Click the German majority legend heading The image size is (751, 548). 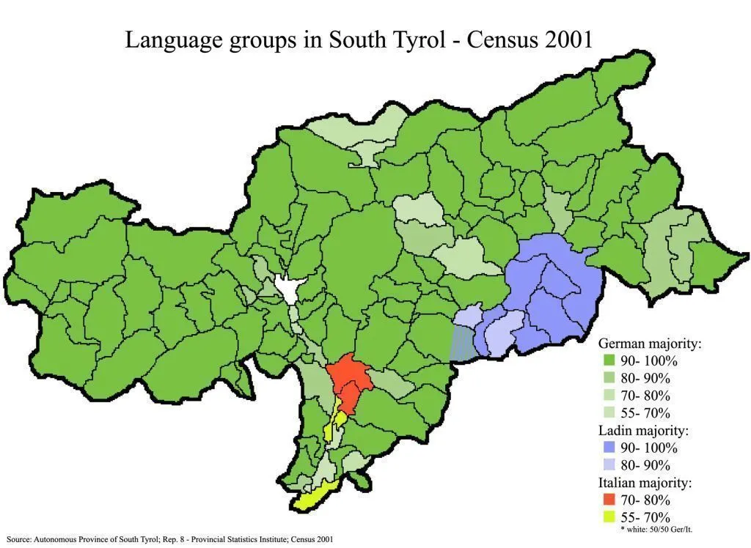[650, 344]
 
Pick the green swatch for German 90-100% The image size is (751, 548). [608, 361]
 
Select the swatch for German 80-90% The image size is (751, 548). [608, 378]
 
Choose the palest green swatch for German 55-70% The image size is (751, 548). [608, 412]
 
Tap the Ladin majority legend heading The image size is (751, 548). [645, 430]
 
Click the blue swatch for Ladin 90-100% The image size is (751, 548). [608, 448]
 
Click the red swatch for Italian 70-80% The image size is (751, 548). [608, 500]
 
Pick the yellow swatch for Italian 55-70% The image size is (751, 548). [608, 517]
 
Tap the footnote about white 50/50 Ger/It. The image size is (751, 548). [657, 529]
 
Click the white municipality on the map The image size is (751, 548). [287, 288]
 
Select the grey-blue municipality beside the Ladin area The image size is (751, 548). [461, 343]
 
